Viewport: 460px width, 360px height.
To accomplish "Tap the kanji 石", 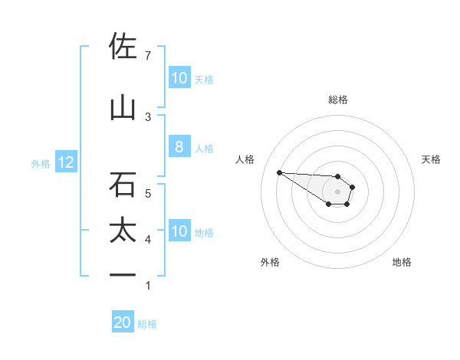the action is [x=123, y=184].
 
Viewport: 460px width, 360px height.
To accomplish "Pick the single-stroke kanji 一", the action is [x=123, y=275].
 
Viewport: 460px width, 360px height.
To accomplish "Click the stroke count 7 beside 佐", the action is [x=148, y=56].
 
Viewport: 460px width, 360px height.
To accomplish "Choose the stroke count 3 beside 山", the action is [x=148, y=116].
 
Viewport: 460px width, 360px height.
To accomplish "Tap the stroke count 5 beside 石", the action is [x=148, y=193].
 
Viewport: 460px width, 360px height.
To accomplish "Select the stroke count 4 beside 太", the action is [x=148, y=240].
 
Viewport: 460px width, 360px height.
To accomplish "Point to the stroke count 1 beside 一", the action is [x=148, y=286].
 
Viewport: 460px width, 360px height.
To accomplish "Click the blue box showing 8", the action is [x=179, y=147].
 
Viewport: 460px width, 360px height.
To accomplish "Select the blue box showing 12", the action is [x=65, y=162].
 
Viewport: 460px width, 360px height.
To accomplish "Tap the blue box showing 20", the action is [x=123, y=322].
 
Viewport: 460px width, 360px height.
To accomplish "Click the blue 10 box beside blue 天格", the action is [x=179, y=78].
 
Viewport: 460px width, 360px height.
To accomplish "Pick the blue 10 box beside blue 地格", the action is [x=179, y=231].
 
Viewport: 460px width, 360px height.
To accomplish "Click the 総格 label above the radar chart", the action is [x=338, y=100].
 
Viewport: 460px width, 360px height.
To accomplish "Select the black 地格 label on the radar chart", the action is [x=402, y=262].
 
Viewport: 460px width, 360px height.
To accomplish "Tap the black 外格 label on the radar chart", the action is [x=270, y=262].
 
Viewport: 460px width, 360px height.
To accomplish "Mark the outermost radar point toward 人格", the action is [x=279, y=172].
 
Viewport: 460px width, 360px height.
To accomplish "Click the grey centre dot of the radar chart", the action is [x=338, y=191].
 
